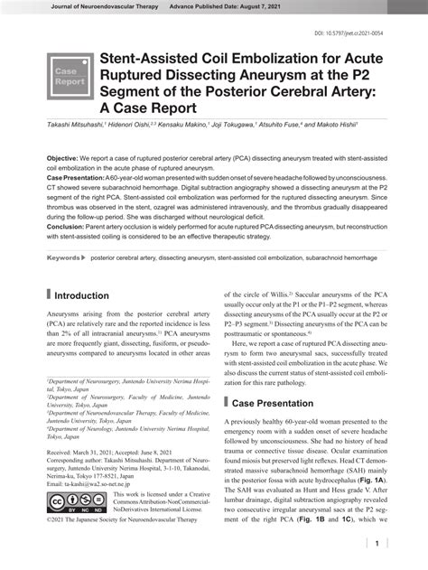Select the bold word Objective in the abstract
pos(64,157)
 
